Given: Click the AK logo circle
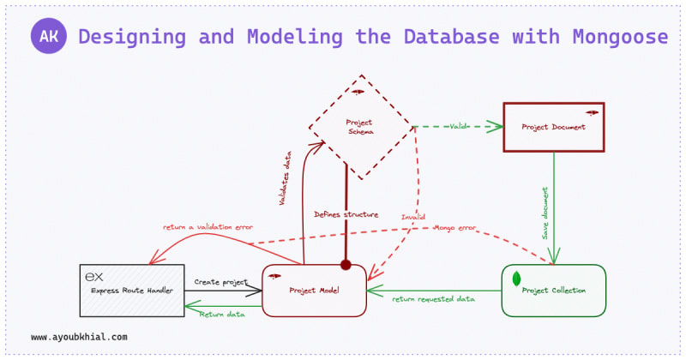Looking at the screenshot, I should pos(49,37).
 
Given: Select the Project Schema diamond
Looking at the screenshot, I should pos(360,127).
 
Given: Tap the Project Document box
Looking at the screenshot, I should pos(554,127).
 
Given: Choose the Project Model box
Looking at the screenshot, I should pos(314,291).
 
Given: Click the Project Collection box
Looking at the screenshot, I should pos(554,291).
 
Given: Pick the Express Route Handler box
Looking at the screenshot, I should pos(131,291).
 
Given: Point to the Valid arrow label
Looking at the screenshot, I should pos(459,127).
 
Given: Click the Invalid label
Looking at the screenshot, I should pos(413,217).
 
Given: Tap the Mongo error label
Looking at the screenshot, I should pos(455,228).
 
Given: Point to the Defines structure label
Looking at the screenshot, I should pos(346,214).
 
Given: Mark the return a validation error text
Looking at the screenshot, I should pos(208,227).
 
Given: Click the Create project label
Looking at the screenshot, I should pos(220,281).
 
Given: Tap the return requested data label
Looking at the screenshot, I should pos(434,299).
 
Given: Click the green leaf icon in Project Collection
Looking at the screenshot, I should pos(517,279).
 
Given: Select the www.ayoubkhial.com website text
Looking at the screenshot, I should pos(79,337).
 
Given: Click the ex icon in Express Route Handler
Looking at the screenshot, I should pos(95,277).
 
